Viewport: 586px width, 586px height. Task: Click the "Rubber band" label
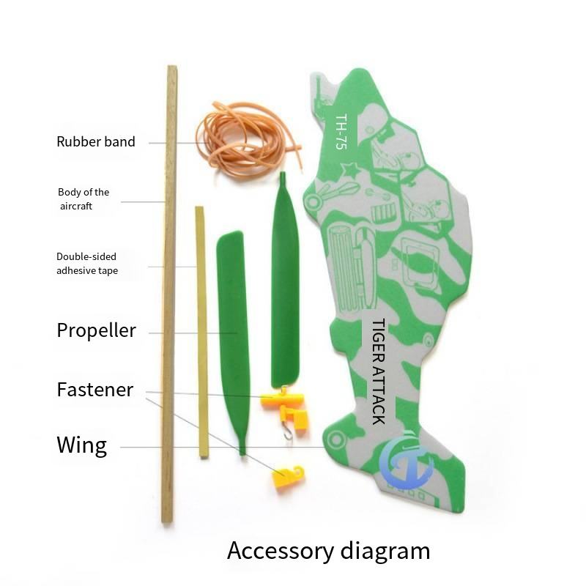[x=96, y=141]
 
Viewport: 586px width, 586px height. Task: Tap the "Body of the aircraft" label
[x=84, y=199]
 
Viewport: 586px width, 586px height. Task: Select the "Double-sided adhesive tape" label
[x=87, y=264]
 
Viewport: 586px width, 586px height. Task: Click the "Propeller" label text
[x=96, y=330]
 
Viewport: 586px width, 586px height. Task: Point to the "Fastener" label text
[x=94, y=390]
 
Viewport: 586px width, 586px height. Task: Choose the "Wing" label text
[x=81, y=445]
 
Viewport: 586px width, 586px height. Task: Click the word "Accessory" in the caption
[x=281, y=551]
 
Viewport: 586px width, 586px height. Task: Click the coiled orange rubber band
[x=245, y=139]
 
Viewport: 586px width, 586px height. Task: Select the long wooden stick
[x=169, y=293]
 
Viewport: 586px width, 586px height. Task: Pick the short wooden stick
[x=201, y=330]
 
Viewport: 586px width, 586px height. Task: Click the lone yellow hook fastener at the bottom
[x=287, y=477]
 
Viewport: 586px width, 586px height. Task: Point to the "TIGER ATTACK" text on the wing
[x=379, y=371]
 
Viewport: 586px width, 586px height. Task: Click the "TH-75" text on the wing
[x=341, y=132]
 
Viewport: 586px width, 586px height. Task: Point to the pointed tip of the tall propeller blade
[x=283, y=176]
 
